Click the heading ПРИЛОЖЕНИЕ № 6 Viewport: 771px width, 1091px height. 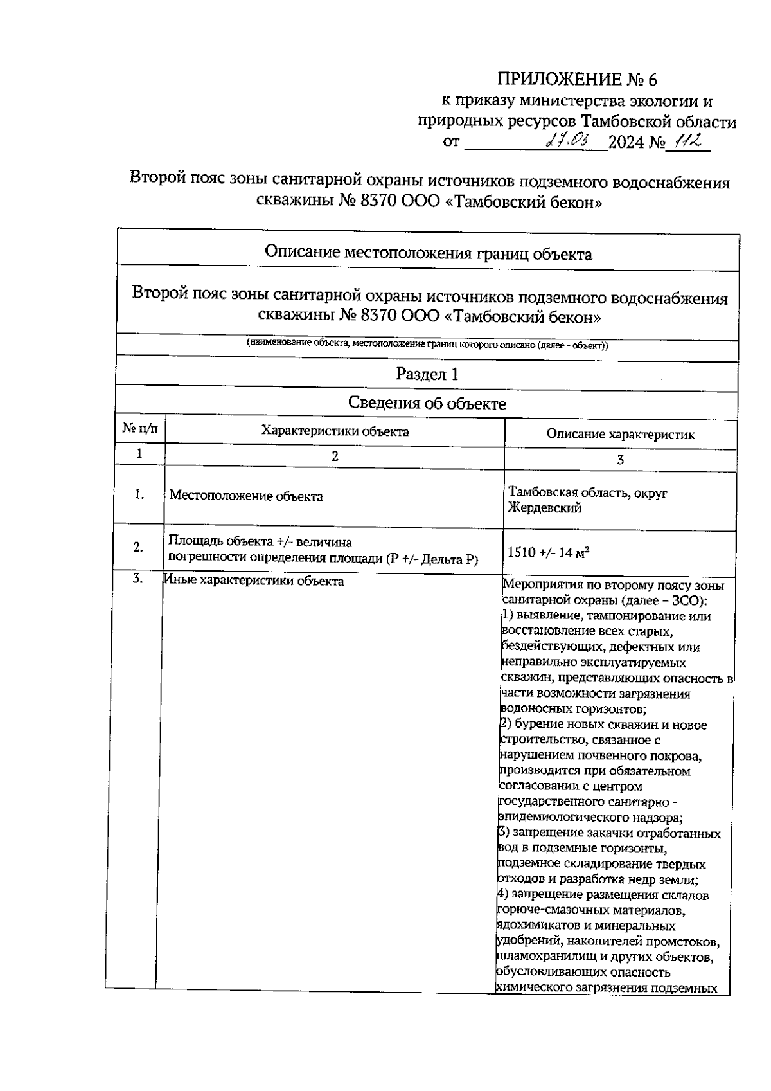click(x=578, y=80)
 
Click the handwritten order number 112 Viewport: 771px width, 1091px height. click(x=687, y=141)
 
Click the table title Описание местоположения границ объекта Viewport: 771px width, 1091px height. click(x=428, y=254)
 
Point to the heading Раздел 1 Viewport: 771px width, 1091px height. click(x=427, y=374)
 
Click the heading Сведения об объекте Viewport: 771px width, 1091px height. click(x=427, y=404)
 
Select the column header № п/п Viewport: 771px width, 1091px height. click(x=139, y=429)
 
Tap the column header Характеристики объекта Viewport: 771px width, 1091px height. click(x=335, y=431)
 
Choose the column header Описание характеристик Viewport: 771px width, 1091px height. click(x=620, y=435)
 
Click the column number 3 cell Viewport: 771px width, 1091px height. click(x=620, y=460)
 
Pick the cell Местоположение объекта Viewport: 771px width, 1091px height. click(x=246, y=496)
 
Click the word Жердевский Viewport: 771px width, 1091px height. click(x=544, y=508)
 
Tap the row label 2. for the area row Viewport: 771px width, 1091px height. click(x=138, y=547)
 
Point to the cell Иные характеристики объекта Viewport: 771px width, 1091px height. click(x=254, y=581)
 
